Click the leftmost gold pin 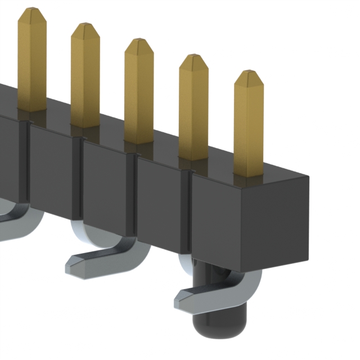pyautogui.click(x=32, y=62)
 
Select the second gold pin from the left pyautogui.click(x=85, y=76)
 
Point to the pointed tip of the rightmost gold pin pyautogui.click(x=248, y=73)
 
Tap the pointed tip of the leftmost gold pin pyautogui.click(x=31, y=10)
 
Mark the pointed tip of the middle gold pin pyautogui.click(x=138, y=41)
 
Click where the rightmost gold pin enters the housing pyautogui.click(x=249, y=173)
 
